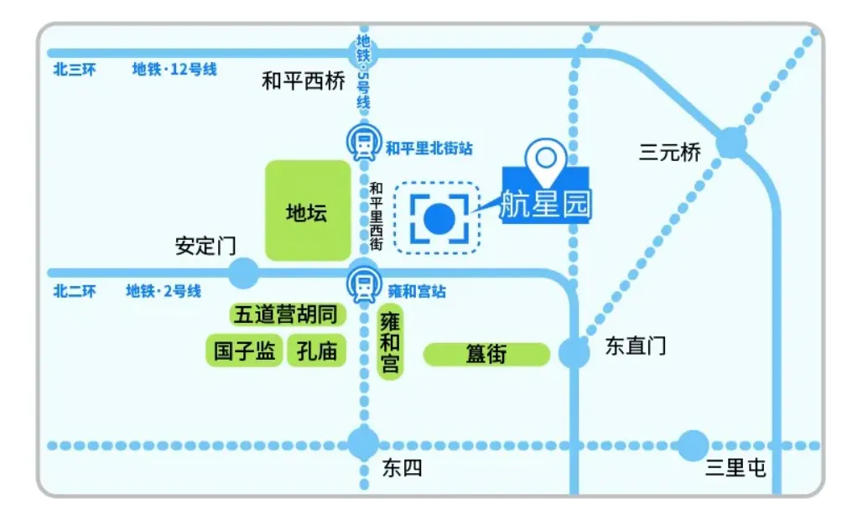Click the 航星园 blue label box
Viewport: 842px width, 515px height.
[x=546, y=201]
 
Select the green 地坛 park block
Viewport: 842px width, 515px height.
[x=307, y=211]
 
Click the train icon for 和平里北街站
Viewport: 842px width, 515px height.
[x=364, y=145]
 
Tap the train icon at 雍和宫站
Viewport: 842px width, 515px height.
[x=364, y=285]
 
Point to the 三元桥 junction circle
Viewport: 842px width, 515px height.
[x=732, y=143]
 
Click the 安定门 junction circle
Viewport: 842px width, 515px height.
[x=244, y=273]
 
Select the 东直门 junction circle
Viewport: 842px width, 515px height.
[x=574, y=352]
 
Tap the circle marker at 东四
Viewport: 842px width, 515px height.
[x=364, y=444]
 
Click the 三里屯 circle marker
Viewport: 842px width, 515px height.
[x=693, y=445]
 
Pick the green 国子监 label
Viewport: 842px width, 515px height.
[x=245, y=351]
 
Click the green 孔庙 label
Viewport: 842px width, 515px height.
[x=316, y=351]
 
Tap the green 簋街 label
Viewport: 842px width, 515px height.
[x=486, y=355]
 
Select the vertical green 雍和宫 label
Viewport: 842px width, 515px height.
[x=391, y=343]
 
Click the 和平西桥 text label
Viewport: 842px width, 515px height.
[x=303, y=82]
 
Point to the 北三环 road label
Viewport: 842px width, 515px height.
[x=75, y=70]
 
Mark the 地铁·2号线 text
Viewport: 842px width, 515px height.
[x=164, y=291]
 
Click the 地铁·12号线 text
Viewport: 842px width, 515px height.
[x=174, y=70]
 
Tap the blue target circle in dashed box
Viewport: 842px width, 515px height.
[x=439, y=218]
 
